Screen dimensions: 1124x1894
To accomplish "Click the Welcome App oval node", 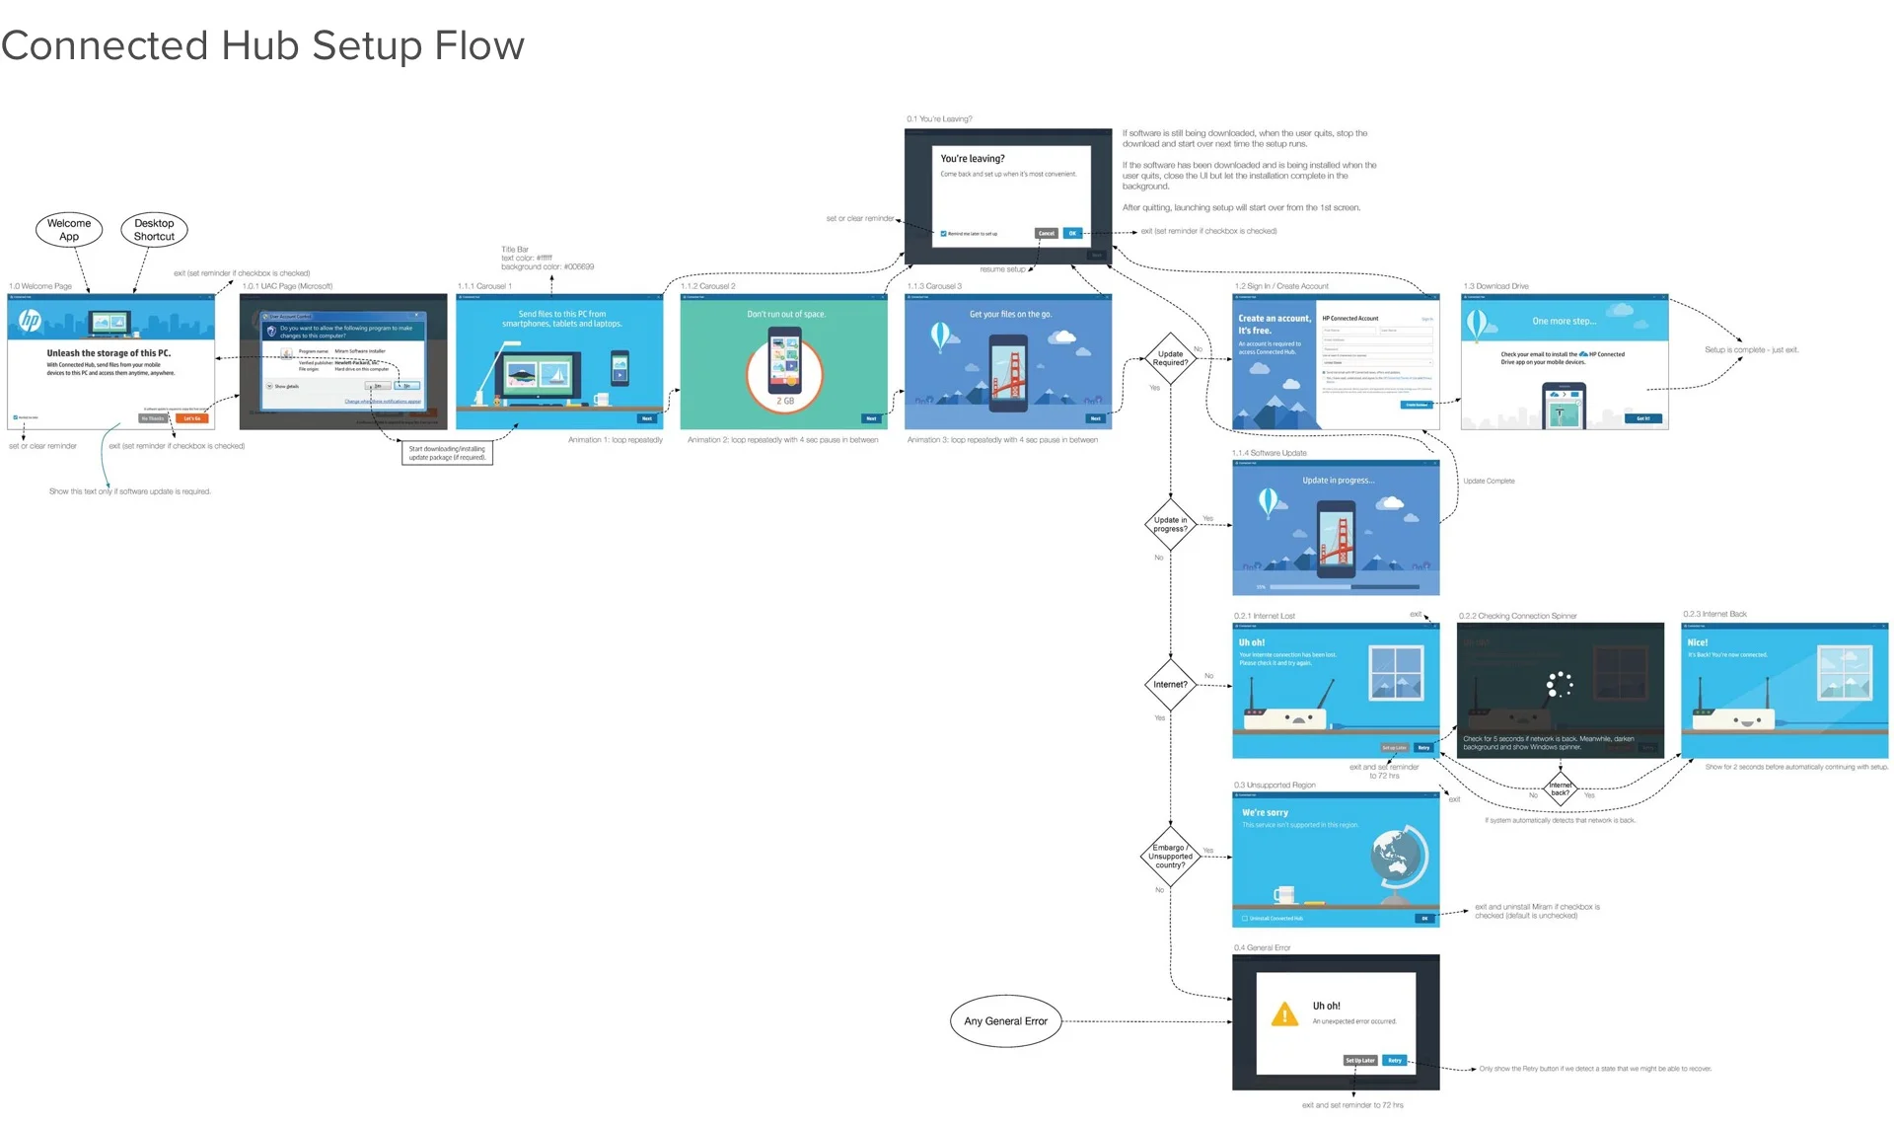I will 69,229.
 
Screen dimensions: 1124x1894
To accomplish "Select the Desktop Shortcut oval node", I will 154,229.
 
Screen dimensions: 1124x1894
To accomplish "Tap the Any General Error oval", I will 1005,1021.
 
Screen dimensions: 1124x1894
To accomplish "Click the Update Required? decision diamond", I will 1170,358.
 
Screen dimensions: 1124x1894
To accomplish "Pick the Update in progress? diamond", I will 1170,524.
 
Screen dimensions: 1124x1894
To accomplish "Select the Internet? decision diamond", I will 1170,684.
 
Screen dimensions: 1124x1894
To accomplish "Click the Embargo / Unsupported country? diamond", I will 1170,856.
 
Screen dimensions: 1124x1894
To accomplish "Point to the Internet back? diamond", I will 1560,788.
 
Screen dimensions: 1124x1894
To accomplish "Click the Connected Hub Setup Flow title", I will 262,46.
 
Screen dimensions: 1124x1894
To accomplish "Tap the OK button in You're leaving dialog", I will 1072,234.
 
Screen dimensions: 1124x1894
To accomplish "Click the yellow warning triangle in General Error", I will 1284,1014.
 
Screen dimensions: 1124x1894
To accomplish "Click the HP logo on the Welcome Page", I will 31,320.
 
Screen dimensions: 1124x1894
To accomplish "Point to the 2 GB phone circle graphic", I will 784,370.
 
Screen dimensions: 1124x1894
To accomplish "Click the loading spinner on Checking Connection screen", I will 1559,684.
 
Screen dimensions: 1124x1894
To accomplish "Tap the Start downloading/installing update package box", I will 447,453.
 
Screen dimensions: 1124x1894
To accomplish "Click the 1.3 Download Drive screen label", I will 1495,286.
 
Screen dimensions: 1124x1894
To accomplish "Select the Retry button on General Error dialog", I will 1394,1061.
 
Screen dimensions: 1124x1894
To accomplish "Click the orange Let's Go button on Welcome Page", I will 191,418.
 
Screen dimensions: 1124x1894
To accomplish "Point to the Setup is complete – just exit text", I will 1751,349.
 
